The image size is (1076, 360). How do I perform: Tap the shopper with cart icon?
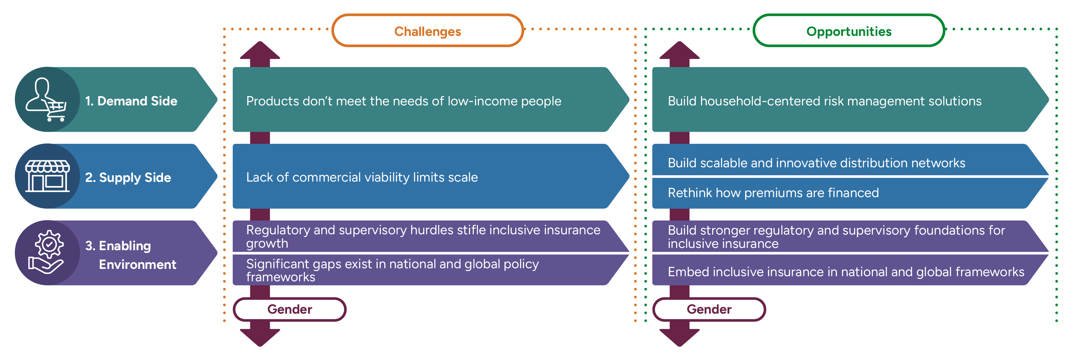(46, 99)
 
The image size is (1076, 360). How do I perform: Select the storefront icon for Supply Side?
(47, 176)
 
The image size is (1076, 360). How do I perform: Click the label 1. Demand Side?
(131, 101)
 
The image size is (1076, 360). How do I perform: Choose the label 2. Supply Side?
(128, 177)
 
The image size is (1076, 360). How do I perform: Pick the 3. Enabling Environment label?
(130, 255)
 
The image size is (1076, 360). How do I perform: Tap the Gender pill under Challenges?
(290, 310)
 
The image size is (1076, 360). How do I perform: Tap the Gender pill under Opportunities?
(709, 310)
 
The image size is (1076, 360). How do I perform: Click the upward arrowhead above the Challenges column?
(260, 51)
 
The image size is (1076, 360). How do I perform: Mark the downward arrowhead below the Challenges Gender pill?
(260, 337)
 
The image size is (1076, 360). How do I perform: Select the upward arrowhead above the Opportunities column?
(679, 51)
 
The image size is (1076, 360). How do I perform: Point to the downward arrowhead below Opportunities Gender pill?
(679, 337)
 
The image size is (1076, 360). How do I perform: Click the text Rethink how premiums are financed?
(773, 193)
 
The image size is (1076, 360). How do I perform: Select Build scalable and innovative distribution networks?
(816, 163)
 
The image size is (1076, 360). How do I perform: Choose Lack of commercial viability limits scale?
(362, 177)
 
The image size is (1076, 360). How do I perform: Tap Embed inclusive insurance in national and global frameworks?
(846, 272)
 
